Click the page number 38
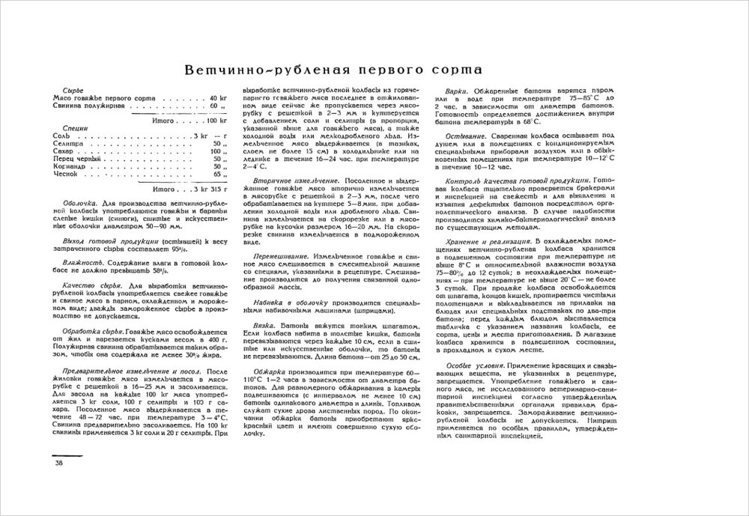pos(59,463)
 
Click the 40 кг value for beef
pos(218,99)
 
